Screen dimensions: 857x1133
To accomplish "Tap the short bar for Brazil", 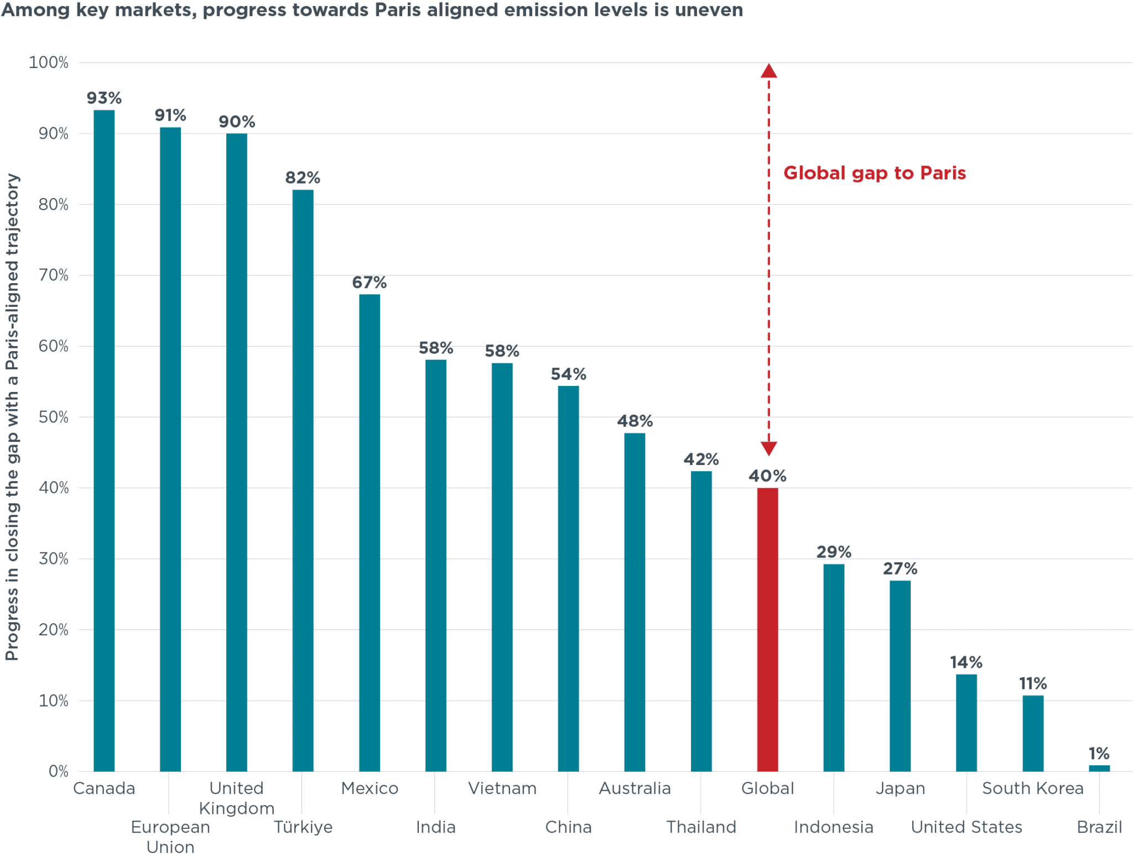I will [x=1099, y=768].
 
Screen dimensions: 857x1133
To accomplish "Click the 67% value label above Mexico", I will [x=369, y=283].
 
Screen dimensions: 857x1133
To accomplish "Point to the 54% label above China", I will [x=568, y=374].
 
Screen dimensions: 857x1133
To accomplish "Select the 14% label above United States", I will [x=966, y=662].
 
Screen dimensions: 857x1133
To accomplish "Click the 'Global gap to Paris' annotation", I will [x=874, y=173].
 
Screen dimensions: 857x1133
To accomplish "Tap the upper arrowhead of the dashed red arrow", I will [x=768, y=71].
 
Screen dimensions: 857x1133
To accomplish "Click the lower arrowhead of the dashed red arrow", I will [x=768, y=448].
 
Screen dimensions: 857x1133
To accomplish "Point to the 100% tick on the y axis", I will [x=49, y=62].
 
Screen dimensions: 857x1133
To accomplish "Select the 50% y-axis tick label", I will [x=53, y=417].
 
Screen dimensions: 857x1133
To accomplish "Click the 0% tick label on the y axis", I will [x=58, y=771].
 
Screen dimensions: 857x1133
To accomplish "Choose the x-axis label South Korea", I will [x=1032, y=788].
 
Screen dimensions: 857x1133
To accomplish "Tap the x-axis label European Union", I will [x=170, y=837].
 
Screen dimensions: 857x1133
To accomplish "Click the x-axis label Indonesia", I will [x=833, y=827].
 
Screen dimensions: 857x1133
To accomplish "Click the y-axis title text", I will [x=12, y=417].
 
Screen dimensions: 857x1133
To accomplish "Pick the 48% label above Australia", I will [x=635, y=421].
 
